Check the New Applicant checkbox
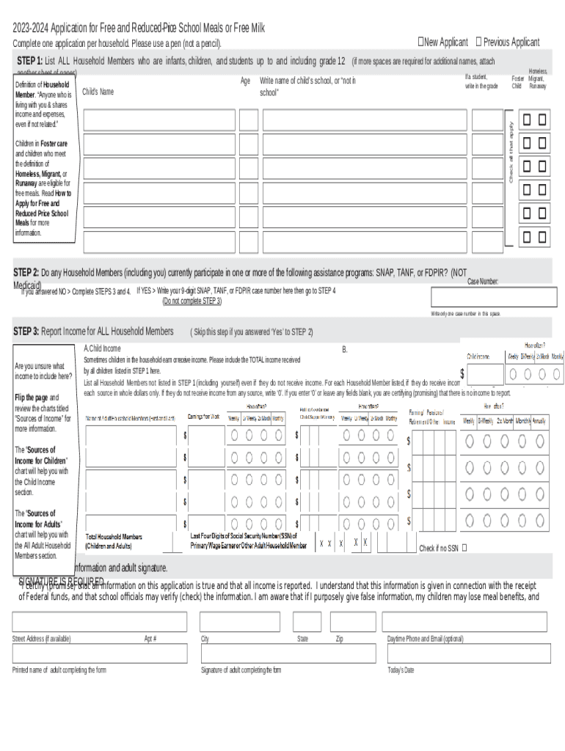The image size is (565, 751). click(421, 42)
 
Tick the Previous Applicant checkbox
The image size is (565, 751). click(478, 42)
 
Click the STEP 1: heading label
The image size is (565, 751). click(29, 60)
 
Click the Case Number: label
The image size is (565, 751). click(483, 282)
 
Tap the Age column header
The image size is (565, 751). click(245, 81)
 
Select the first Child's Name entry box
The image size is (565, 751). click(159, 120)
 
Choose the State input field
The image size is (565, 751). click(307, 622)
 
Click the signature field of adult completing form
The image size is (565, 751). click(286, 653)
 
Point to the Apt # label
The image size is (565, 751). click(150, 639)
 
